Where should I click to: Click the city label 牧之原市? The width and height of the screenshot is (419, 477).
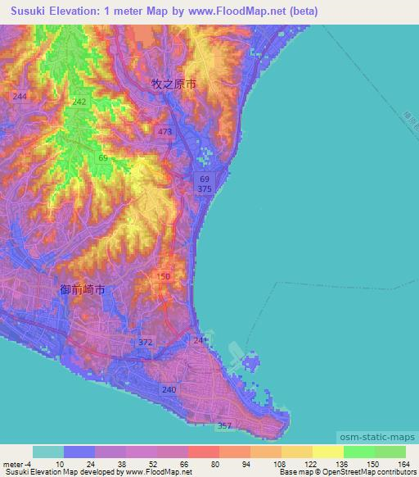coord(174,84)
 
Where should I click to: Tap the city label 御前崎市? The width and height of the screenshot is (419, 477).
coord(83,290)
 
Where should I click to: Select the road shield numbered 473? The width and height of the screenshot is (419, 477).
coord(165,132)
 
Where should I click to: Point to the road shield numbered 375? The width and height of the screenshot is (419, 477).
coord(205,189)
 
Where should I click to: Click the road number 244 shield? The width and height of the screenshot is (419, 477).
coord(20,97)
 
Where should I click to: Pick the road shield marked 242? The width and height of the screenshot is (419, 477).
coord(79,102)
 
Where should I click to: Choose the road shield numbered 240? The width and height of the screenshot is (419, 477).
coord(169,390)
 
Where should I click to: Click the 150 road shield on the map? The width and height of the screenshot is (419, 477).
coord(164,277)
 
